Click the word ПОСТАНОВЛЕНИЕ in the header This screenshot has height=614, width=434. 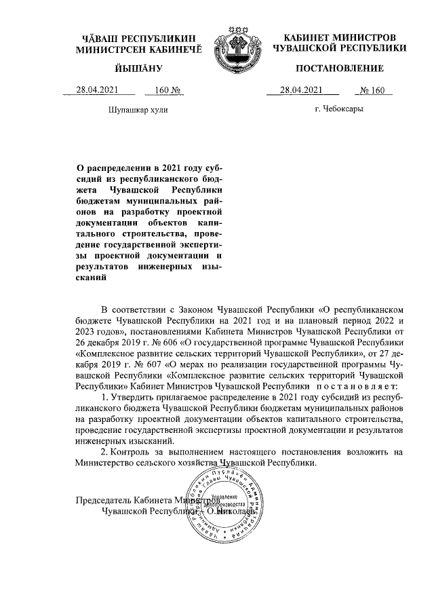pyautogui.click(x=340, y=69)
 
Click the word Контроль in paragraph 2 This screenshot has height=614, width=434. pyautogui.click(x=131, y=451)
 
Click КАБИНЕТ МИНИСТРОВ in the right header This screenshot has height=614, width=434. pyautogui.click(x=340, y=37)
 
